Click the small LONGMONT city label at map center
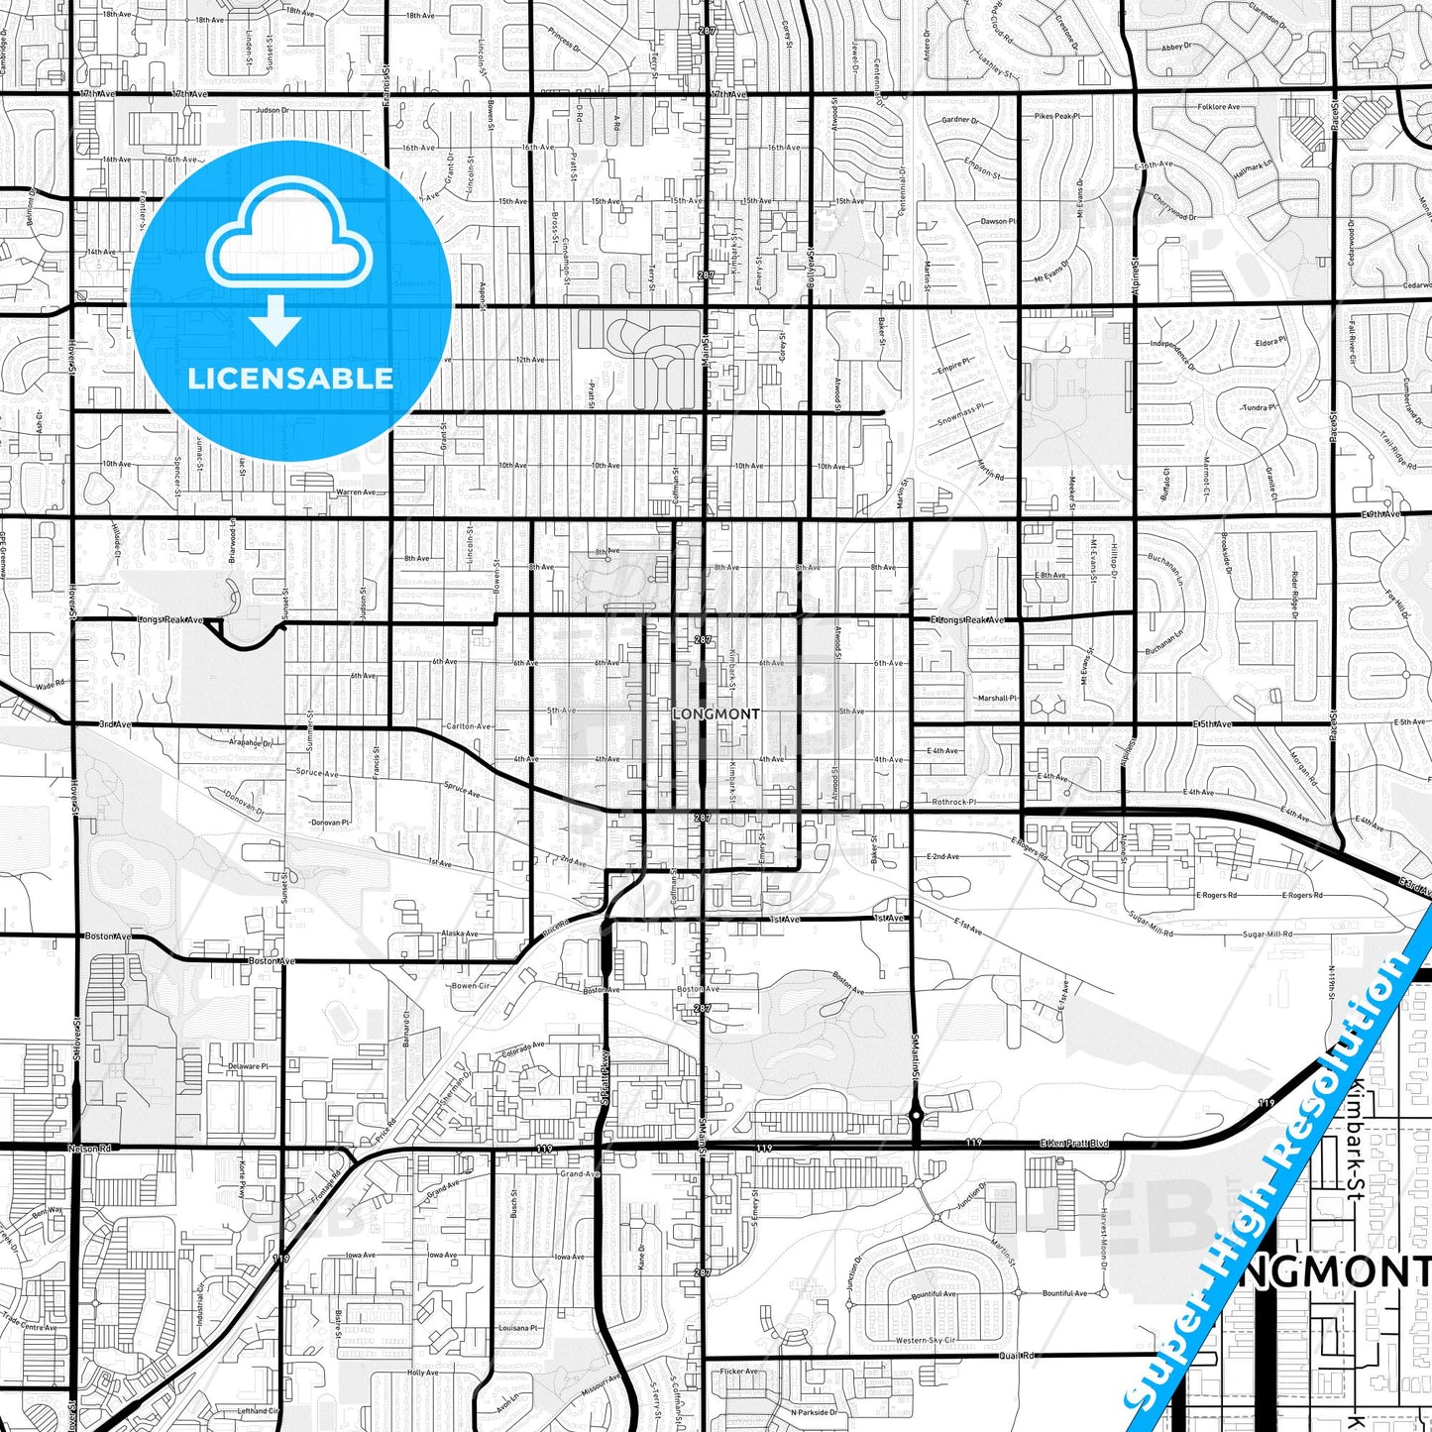pos(716,714)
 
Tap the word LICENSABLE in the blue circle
pos(290,378)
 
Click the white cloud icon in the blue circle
pos(289,243)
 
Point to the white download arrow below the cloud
pos(275,322)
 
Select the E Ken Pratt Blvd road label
pos(1074,1144)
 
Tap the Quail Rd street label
pos(1016,1356)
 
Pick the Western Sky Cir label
pos(926,1341)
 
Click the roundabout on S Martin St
pos(917,1116)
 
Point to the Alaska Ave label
pos(460,934)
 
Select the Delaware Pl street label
pos(249,1066)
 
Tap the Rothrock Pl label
pos(954,802)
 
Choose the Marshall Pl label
pos(998,698)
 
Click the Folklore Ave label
pos(1218,107)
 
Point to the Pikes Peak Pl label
pos(1056,116)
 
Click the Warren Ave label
pos(356,492)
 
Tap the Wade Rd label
pos(50,684)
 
